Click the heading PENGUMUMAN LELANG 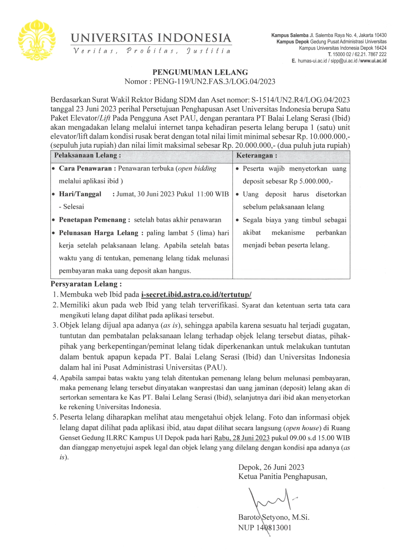[200, 72]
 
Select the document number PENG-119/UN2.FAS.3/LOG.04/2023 [214, 82]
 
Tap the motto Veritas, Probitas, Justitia [151, 51]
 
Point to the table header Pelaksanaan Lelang [87, 156]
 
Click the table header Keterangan [256, 156]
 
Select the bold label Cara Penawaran [85, 169]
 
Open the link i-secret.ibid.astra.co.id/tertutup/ [196, 294]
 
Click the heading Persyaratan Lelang [86, 284]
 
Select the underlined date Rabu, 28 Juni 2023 [242, 438]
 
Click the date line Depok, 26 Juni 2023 [271, 467]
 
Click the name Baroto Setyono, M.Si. [274, 517]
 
